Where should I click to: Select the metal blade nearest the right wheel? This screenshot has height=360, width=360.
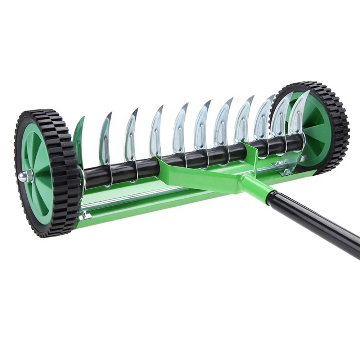pyautogui.click(x=297, y=115)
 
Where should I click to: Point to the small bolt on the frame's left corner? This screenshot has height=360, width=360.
pyautogui.click(x=84, y=215)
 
